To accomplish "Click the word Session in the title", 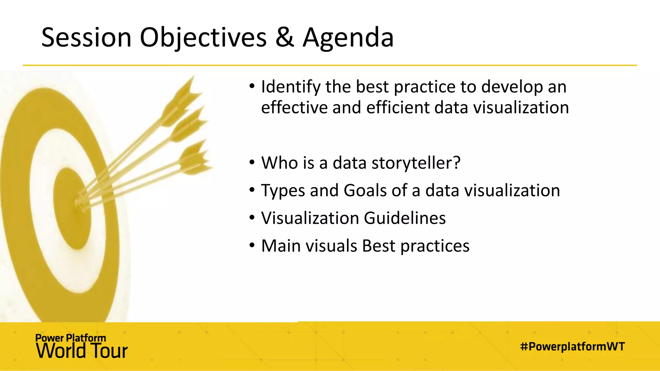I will coord(86,38).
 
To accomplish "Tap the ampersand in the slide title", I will coord(284,38).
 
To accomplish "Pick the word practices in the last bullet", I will coord(435,246).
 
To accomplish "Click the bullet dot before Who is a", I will coord(252,162).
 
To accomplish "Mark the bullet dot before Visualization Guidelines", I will coord(252,218).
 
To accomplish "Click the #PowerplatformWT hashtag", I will coord(572,347).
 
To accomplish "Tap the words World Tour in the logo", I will coord(82,351).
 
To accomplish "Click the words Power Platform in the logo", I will coord(71,338).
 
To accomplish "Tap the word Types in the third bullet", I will coord(283,191).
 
